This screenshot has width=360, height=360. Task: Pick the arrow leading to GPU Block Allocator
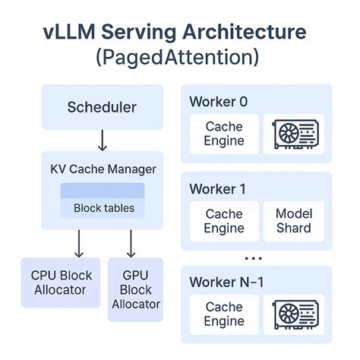point(130,243)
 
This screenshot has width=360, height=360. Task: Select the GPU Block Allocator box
point(136,289)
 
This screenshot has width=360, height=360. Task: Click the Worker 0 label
point(218,102)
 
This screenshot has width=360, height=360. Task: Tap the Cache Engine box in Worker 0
point(224,134)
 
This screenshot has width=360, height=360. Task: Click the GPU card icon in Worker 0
point(293,134)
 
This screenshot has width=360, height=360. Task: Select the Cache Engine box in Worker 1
point(224,221)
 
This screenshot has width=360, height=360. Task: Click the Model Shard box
point(293,221)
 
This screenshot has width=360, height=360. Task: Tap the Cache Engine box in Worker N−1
point(224,314)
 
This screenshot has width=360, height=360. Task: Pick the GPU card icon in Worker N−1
point(293,314)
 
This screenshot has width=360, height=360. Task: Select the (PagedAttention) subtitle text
point(179,57)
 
